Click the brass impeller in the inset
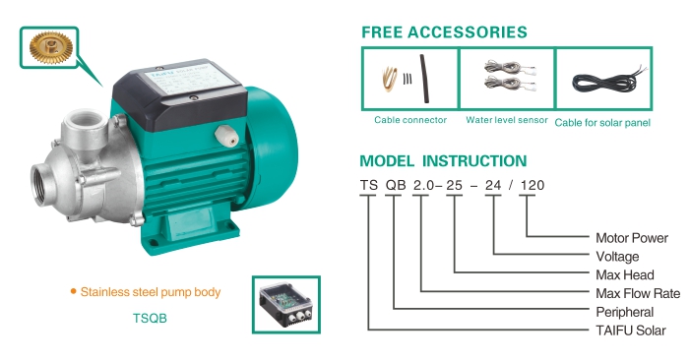(51, 47)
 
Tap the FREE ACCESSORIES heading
(444, 32)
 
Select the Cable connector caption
(410, 120)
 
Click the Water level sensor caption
(507, 120)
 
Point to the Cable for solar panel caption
(602, 123)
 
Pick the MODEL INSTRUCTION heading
(443, 161)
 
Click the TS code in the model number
(369, 185)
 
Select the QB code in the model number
(395, 185)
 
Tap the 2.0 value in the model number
(423, 185)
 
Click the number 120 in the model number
(533, 185)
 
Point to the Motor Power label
(632, 238)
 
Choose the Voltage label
(617, 257)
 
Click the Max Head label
(624, 275)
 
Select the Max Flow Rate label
(638, 294)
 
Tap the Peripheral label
(624, 312)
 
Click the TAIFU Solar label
(631, 330)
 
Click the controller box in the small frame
(286, 305)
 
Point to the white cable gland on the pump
(226, 136)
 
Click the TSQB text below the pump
(150, 319)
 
